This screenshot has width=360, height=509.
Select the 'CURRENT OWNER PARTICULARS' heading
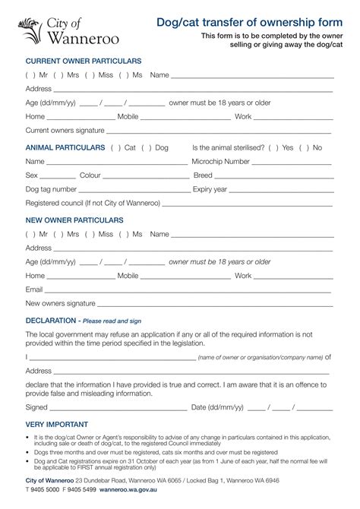pos(84,60)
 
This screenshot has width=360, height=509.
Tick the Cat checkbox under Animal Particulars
pos(115,147)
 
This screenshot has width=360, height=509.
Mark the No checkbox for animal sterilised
pos(304,147)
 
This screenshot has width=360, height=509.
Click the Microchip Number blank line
pos(292,163)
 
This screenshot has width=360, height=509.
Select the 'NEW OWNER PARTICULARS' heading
pos(74,220)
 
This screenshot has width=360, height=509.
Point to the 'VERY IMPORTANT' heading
pos(57,424)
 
